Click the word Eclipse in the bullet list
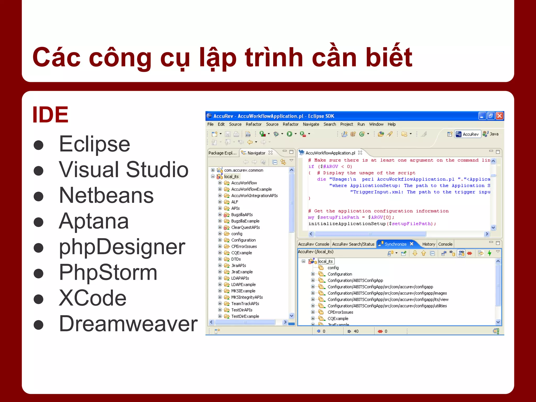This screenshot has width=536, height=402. [94, 144]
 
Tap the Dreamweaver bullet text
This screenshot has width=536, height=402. [128, 324]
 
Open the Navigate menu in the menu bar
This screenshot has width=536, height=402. [311, 124]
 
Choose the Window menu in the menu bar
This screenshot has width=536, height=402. [376, 124]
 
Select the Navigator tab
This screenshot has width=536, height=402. [256, 153]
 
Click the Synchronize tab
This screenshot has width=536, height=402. [395, 244]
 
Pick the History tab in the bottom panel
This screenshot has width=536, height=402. [428, 244]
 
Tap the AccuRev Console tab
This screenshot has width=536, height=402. [314, 244]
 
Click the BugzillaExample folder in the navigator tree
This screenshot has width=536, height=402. [245, 221]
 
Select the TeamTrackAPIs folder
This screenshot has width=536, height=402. [245, 304]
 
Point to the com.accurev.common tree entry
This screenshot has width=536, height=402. [243, 170]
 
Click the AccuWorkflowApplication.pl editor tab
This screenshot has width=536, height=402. [330, 153]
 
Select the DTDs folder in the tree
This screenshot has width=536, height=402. [236, 259]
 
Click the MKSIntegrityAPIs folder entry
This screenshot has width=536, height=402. [247, 297]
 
